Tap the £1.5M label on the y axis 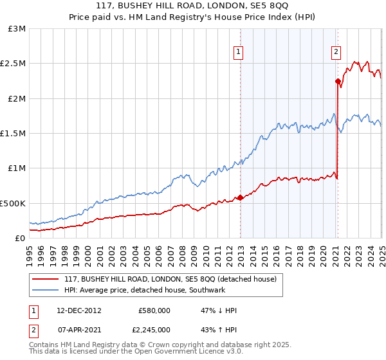coord(14,133)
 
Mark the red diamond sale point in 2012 coord(240,197)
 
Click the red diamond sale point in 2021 coord(337,81)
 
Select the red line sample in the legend coord(45,279)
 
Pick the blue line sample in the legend coord(45,290)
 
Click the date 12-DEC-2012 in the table coord(78,310)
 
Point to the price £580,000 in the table coord(154,310)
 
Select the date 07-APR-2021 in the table coord(78,329)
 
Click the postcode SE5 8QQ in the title coord(269,6)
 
